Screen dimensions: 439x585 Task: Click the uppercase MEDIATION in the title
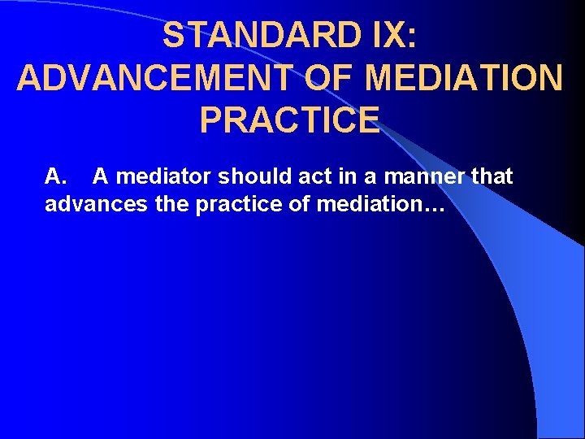pyautogui.click(x=464, y=78)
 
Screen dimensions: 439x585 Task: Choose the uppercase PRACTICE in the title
pyautogui.click(x=289, y=120)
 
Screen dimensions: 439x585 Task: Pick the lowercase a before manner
pyautogui.click(x=362, y=176)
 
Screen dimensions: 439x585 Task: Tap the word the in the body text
pyautogui.click(x=171, y=203)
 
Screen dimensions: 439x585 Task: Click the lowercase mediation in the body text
pyautogui.click(x=364, y=203)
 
